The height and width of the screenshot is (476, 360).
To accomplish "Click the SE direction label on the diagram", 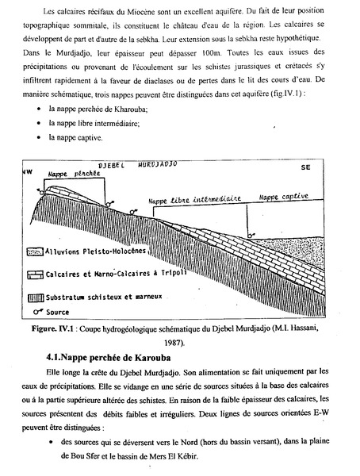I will click(305, 168).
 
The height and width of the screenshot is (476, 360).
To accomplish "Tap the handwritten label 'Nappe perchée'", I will click(70, 172).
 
